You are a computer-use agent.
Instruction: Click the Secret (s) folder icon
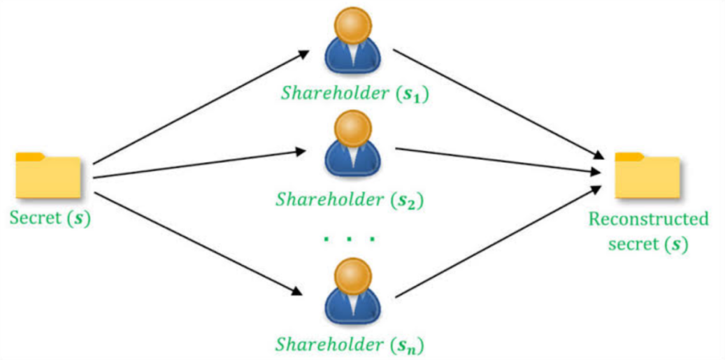(48, 175)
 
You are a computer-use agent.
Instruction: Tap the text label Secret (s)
(50, 217)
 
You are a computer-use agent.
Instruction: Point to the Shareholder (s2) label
(350, 200)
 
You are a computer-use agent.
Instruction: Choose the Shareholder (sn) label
(350, 344)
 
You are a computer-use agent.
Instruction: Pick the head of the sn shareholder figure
(353, 273)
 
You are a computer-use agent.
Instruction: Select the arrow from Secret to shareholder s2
(199, 164)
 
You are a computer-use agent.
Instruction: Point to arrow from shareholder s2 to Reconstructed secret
(499, 160)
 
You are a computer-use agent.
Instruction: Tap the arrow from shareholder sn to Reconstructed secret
(499, 242)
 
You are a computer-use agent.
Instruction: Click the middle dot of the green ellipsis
(350, 239)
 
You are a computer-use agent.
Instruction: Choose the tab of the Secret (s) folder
(31, 156)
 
